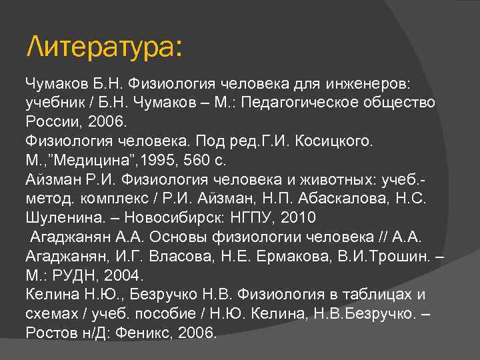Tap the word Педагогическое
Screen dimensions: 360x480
point(314,103)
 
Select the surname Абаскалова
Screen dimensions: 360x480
point(320,199)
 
